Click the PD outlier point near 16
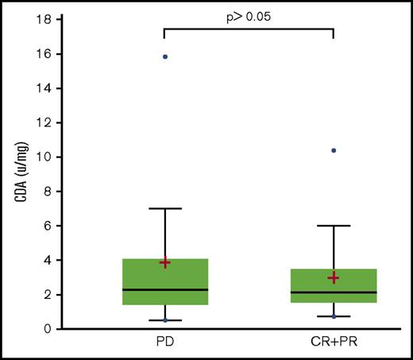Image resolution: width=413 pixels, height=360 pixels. point(164,56)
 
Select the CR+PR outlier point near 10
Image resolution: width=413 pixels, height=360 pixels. point(334,150)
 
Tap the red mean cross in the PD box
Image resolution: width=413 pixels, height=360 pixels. point(164,262)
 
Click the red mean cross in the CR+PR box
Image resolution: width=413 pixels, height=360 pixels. point(334,277)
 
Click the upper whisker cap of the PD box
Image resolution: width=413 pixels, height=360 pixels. point(164,208)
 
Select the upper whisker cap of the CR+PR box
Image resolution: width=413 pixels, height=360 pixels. point(334,226)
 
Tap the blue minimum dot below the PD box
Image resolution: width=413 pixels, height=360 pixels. point(164,320)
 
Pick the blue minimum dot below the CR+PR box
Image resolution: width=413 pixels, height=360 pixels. point(334,316)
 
